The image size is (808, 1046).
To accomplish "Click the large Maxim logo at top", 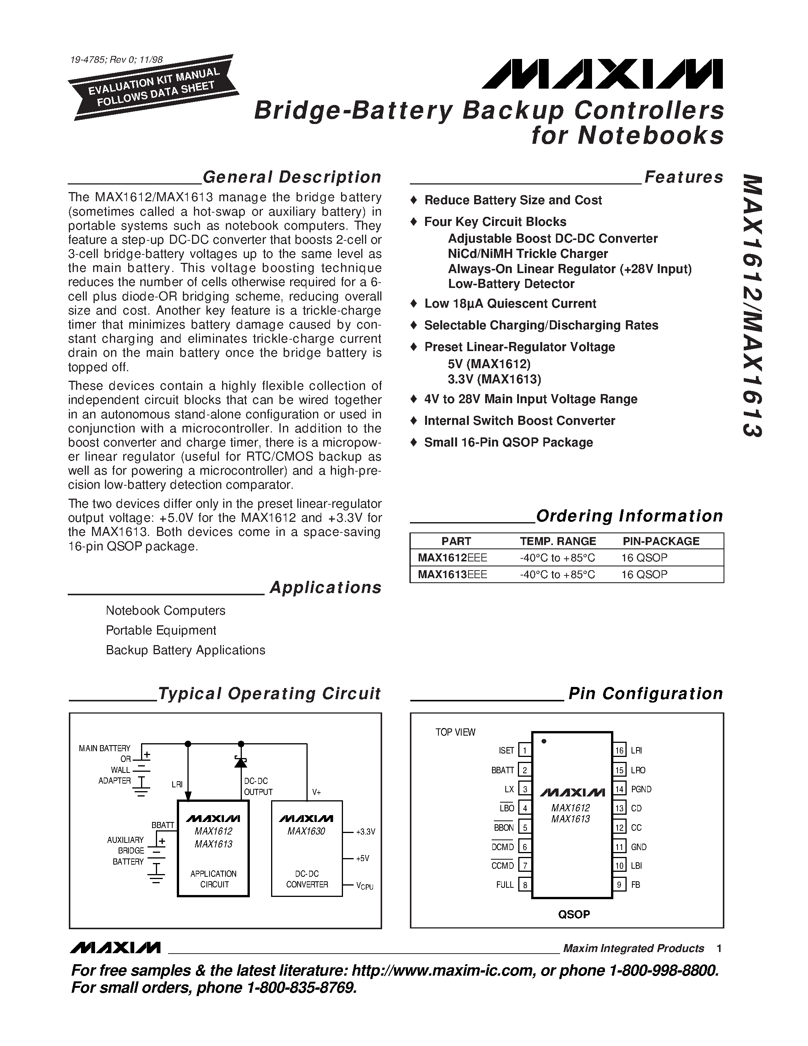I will [x=602, y=74].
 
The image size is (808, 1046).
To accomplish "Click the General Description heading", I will [x=292, y=177].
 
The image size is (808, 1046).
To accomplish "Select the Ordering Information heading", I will [x=629, y=516].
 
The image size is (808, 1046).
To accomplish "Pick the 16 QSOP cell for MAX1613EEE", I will [x=644, y=574].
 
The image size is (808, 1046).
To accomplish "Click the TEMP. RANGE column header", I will [x=558, y=541].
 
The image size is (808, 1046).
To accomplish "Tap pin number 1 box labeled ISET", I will [x=525, y=750].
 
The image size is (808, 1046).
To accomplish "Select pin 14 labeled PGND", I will [x=619, y=789].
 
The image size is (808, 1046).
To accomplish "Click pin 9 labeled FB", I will [x=619, y=885].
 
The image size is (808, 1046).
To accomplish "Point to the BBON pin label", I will [x=503, y=828].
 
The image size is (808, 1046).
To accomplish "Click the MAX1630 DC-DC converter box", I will [x=307, y=848].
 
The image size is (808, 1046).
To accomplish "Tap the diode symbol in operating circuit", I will [x=241, y=761].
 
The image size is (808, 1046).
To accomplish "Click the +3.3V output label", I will [x=365, y=832].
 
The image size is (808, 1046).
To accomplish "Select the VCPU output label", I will [x=364, y=885].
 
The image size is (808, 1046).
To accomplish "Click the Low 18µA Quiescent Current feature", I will [x=510, y=304].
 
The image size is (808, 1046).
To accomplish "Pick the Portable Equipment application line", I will [x=161, y=630].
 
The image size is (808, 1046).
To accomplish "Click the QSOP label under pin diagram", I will [x=573, y=914].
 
